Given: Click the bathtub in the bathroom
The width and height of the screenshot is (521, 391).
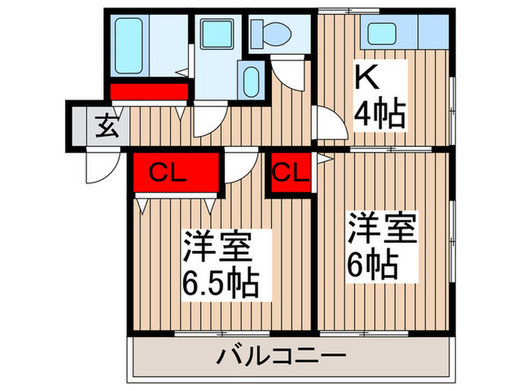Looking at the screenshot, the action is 134,43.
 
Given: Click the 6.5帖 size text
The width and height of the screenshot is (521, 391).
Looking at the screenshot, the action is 221,284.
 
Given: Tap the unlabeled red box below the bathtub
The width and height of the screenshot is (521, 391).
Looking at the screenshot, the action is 149,92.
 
